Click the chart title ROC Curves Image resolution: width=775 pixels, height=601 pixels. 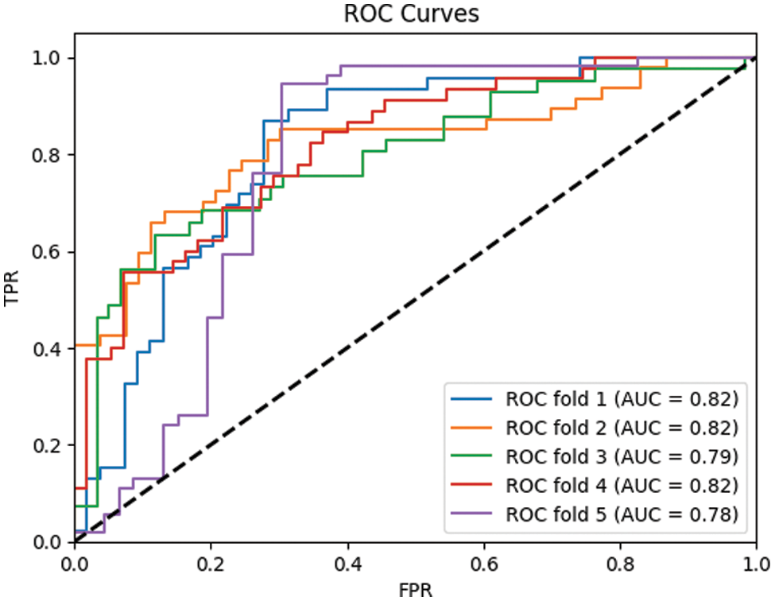pos(411,14)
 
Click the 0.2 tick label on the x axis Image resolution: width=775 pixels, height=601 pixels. pos(211,563)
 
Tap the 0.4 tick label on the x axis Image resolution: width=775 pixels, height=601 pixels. pos(347,563)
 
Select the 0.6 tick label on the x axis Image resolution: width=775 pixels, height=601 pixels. pos(482,563)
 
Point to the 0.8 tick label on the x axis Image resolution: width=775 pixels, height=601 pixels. pos(618,563)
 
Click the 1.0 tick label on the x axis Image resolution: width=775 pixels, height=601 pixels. pos(754,563)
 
